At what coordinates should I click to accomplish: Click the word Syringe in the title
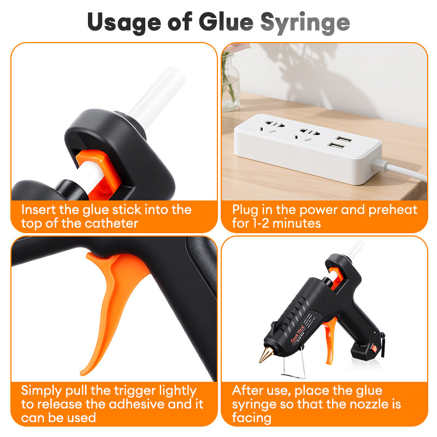pos(305,23)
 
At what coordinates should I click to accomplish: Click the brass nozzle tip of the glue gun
pos(265,354)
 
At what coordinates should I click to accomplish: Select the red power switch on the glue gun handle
pos(375,349)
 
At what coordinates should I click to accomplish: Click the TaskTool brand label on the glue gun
pos(298,334)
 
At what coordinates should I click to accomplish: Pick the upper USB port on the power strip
pos(343,139)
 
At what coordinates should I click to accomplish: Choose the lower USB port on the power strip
pos(335,145)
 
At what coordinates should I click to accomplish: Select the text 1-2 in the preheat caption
pos(261,223)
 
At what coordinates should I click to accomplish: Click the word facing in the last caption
pos(251,418)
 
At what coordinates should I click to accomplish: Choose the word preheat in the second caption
pos(393,210)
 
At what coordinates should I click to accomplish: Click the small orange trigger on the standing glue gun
pos(331,340)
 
